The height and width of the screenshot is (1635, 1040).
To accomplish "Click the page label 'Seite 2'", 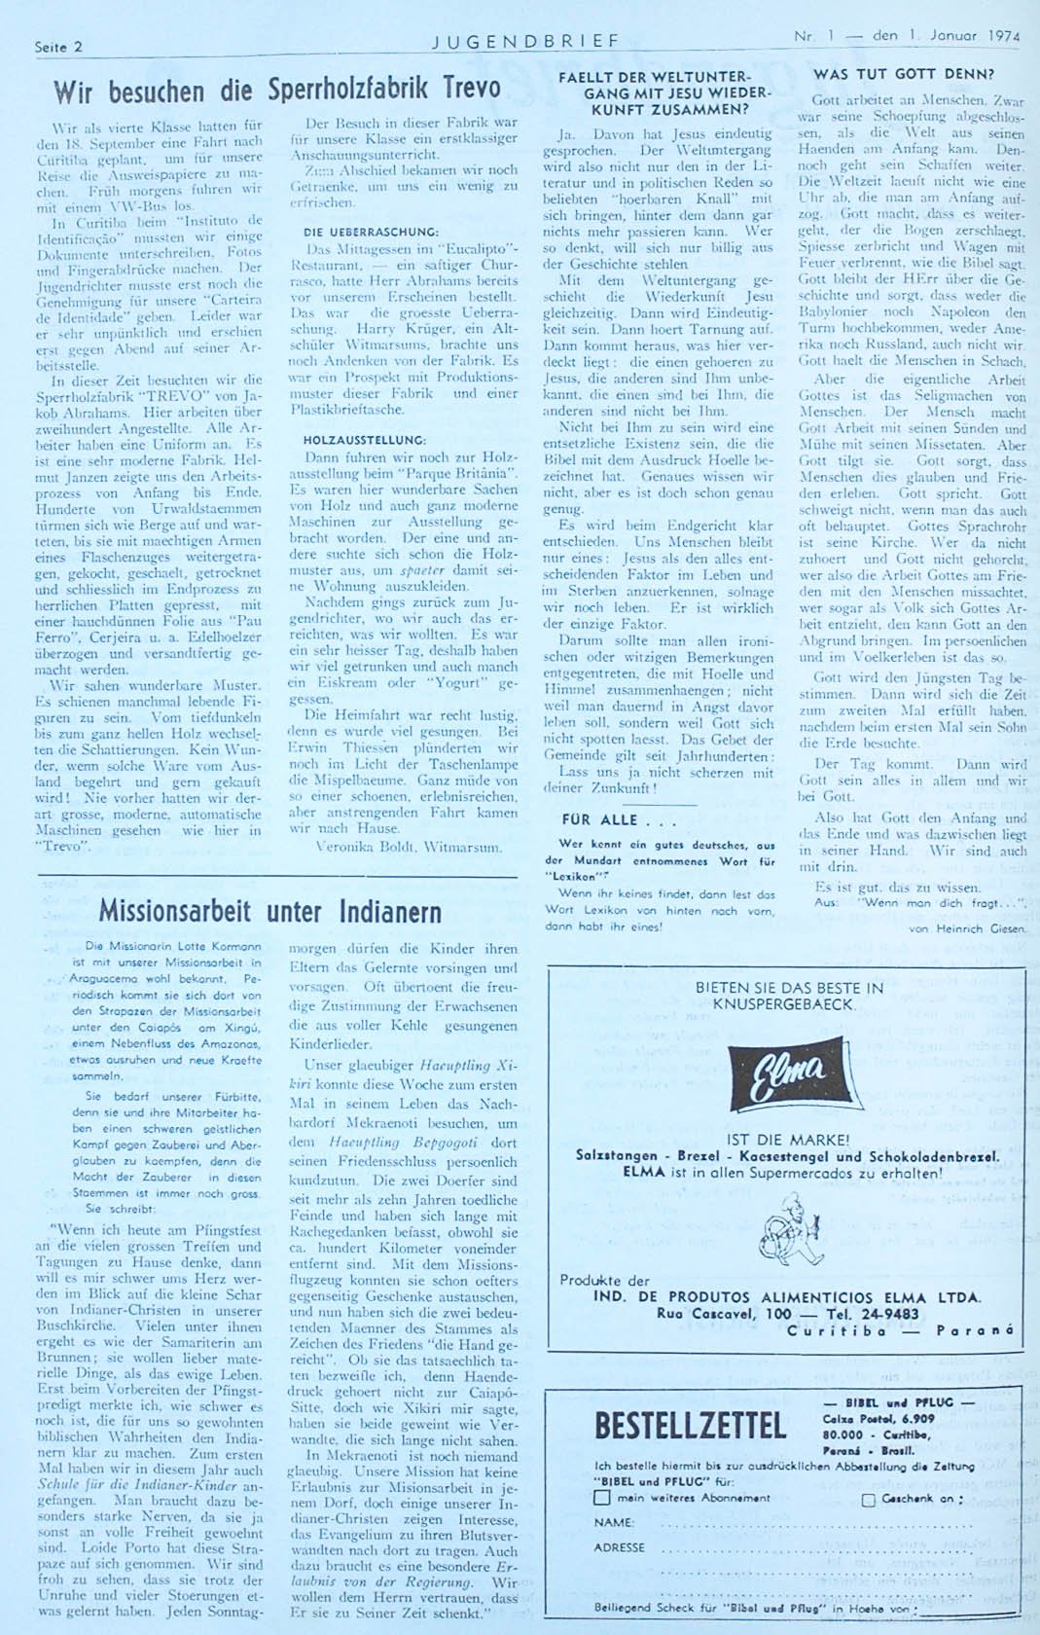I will point(58,47).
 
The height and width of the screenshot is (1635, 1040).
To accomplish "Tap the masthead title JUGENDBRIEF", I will point(525,41).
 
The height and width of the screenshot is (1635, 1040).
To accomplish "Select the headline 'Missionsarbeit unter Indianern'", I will point(269,911).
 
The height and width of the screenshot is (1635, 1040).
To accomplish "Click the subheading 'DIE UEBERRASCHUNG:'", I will point(365,232).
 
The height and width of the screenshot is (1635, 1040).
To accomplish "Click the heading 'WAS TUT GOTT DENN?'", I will point(904,74).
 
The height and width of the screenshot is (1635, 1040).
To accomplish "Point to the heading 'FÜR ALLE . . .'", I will point(613,819).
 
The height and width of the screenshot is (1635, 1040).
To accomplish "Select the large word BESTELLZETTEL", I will point(690,1426).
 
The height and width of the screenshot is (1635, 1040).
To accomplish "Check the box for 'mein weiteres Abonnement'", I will point(603,1499).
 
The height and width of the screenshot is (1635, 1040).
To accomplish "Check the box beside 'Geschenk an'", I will point(869,1500).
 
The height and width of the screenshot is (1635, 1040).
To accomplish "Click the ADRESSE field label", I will point(620,1547).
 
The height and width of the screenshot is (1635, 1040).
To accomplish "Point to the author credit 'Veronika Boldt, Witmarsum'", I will point(409,847).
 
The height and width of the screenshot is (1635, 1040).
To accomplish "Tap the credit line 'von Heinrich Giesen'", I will point(967,928).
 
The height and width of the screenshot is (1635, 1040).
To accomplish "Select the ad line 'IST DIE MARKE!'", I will point(788,1140).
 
